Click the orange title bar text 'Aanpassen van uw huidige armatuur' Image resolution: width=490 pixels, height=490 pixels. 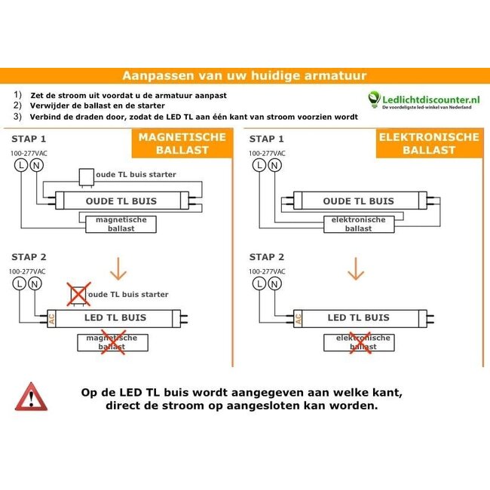coord(244,75)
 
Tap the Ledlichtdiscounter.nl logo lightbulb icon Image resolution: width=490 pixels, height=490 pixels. coord(375,99)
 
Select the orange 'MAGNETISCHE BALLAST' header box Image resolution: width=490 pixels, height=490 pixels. coord(182,143)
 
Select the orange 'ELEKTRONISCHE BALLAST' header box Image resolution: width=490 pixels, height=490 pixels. coord(428,143)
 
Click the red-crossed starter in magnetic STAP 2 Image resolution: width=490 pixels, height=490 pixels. coord(78,293)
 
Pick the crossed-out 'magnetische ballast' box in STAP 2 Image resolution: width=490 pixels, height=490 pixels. coord(111,342)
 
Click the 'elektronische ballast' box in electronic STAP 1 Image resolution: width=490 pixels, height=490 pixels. coord(359,223)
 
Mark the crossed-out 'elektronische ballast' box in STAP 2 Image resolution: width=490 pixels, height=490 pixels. coord(359,342)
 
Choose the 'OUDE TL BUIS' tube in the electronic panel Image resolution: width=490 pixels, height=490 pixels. coord(359,201)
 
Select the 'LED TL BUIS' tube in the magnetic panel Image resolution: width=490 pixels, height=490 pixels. coord(115,317)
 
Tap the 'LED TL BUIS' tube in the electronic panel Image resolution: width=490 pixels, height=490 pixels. coord(359,317)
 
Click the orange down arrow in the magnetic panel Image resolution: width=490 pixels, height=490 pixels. coord(119,269)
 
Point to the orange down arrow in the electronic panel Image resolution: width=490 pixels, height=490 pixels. coord(355,269)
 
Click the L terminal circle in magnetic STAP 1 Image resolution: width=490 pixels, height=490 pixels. coord(20,165)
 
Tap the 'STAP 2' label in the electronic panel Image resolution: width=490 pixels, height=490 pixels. coord(267,257)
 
